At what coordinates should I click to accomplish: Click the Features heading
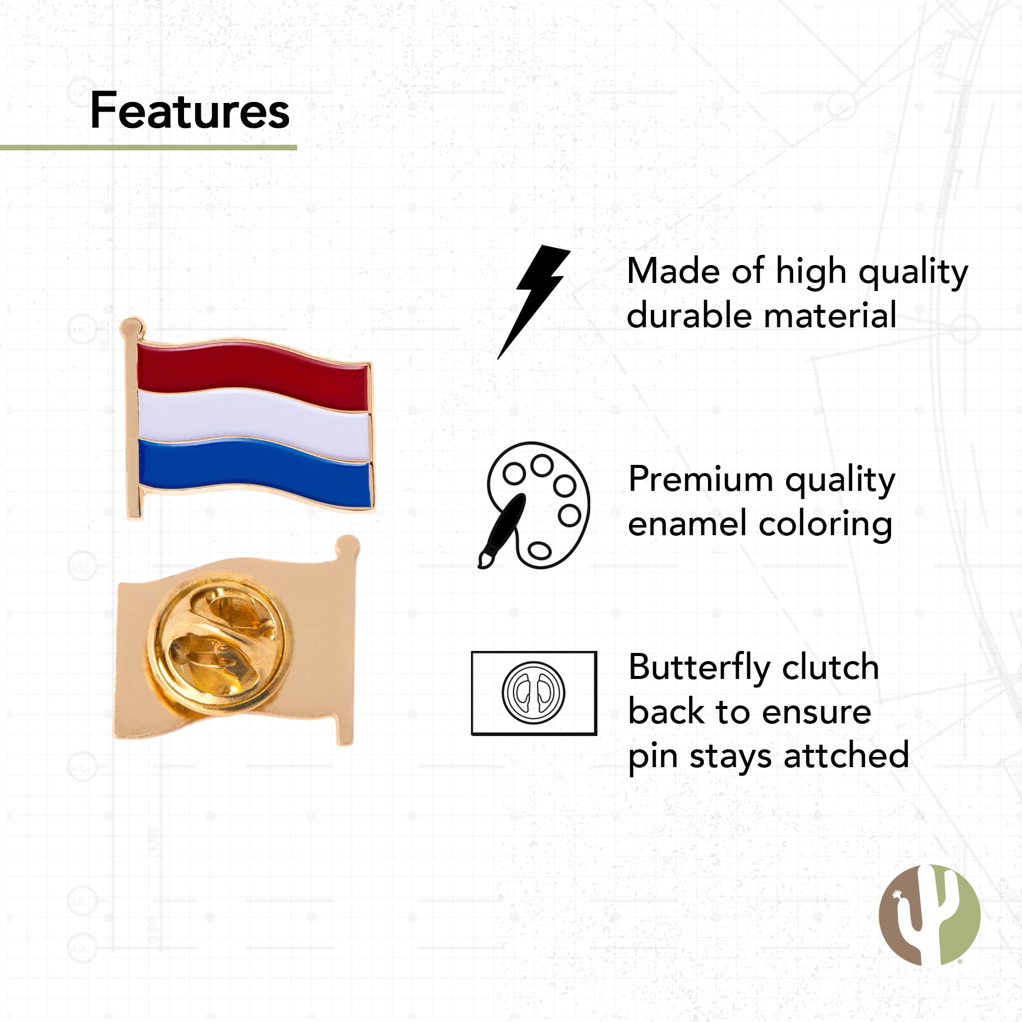point(190,111)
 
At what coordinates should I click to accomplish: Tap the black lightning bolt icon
point(533,302)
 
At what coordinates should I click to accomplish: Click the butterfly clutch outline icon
point(534,693)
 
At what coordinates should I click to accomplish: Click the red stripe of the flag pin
point(253,375)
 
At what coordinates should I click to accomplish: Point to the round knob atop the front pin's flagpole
point(132,327)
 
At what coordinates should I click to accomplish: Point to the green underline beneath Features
point(148,148)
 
